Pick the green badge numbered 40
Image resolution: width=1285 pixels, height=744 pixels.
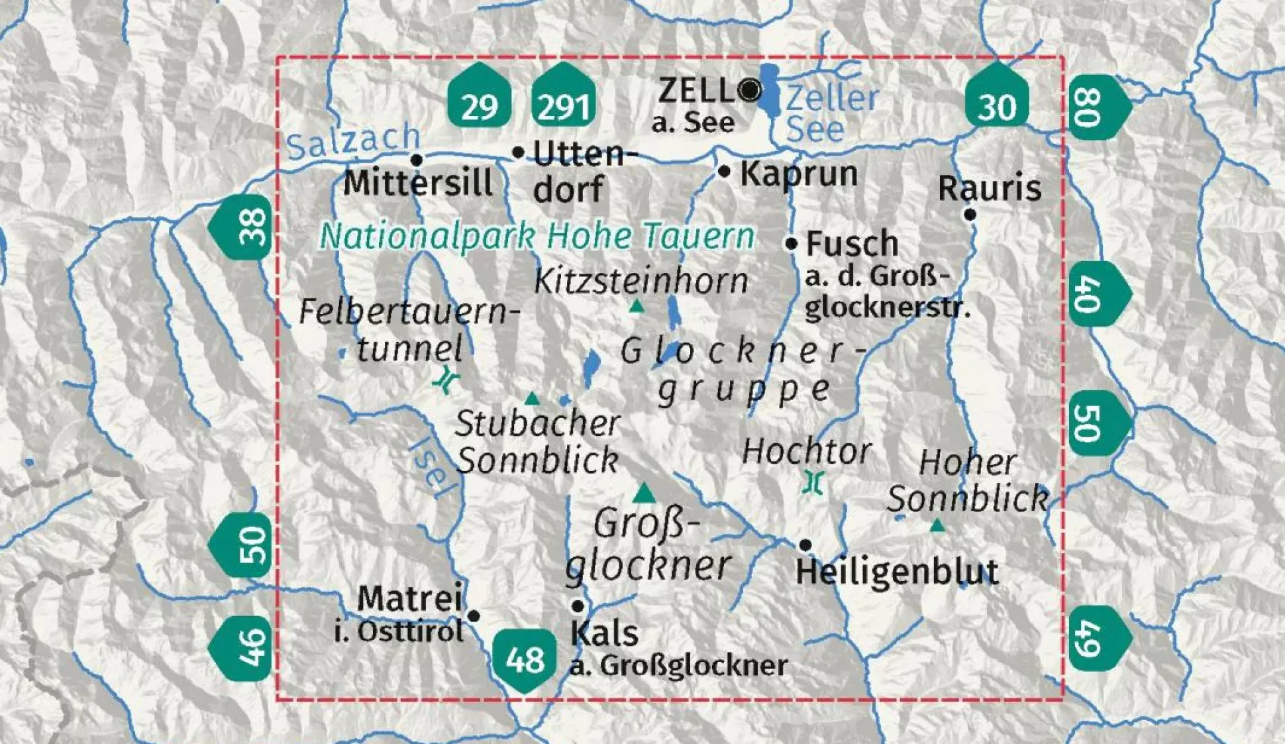pos(1096,293)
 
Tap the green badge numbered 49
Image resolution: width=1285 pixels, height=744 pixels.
pos(1096,637)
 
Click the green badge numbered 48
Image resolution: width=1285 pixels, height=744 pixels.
pos(525,659)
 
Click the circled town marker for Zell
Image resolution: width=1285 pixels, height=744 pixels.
pos(750,89)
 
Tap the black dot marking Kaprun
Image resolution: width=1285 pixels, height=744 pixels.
pos(724,172)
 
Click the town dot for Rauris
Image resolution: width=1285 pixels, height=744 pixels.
pos(970,214)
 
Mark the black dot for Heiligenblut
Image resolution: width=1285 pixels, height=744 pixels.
pos(805,545)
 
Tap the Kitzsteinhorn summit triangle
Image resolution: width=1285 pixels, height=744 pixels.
pos(637,306)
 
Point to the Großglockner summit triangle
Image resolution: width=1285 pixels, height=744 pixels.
pos(643,493)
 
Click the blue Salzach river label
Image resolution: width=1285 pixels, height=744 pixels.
pos(353,141)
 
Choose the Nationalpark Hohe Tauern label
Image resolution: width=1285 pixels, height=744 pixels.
pos(537,236)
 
